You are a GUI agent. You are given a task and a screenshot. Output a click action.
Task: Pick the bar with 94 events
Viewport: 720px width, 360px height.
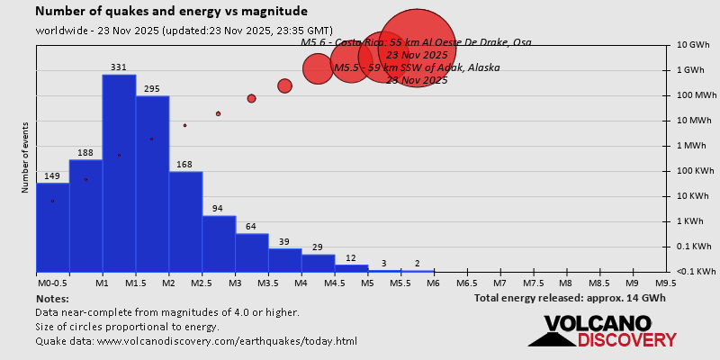click(219, 243)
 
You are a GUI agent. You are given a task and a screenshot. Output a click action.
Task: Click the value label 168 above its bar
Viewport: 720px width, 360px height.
click(184, 164)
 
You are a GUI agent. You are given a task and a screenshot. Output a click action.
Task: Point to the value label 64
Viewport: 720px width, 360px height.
click(251, 226)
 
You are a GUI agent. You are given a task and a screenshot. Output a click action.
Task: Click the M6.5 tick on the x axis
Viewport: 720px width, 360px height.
click(466, 283)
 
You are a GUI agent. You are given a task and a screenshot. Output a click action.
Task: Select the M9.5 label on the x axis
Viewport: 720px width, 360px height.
click(666, 283)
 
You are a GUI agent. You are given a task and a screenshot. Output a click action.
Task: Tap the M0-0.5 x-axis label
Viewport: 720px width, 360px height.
click(52, 283)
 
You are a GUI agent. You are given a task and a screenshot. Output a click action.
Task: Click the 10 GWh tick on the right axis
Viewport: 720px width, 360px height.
click(695, 45)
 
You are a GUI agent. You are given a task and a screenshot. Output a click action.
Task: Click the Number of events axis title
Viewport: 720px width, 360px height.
click(26, 159)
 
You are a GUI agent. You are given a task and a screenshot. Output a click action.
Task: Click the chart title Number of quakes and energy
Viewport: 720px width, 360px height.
click(172, 12)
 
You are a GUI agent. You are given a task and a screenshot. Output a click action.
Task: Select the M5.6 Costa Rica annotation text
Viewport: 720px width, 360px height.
click(416, 42)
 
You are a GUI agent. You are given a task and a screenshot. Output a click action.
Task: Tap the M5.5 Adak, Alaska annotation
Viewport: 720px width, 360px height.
click(416, 67)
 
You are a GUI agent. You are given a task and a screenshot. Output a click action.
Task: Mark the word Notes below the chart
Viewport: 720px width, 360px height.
click(52, 298)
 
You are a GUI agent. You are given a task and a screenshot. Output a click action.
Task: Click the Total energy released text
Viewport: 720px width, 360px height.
click(570, 298)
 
